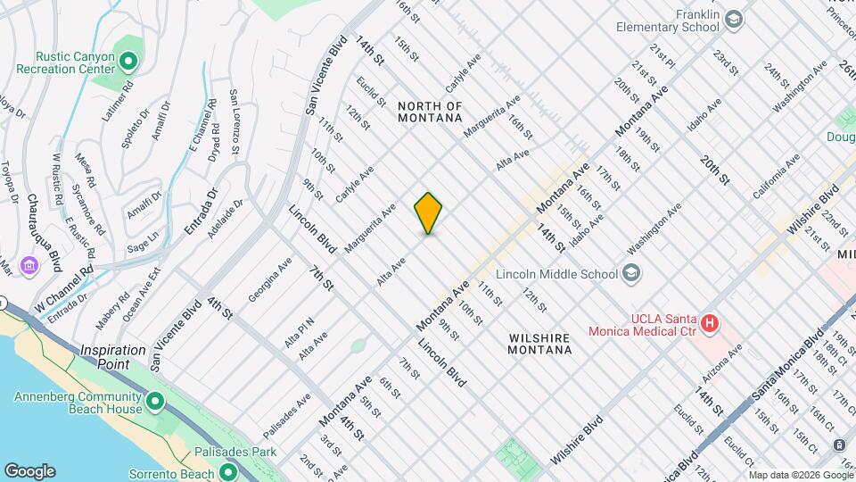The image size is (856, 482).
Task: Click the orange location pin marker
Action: pos(429,213)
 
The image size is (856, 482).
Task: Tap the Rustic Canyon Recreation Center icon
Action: pos(128,62)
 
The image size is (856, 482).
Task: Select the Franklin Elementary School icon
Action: pos(733,19)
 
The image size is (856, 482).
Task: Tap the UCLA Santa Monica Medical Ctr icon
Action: pos(710,323)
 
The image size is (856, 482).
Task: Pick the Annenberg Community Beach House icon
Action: pos(155,403)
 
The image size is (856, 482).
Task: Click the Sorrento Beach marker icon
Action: pos(228,470)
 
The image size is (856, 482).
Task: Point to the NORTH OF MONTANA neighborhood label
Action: pos(431,112)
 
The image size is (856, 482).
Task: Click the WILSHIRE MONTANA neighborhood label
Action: pos(540,344)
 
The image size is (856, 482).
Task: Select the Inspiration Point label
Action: pos(112,357)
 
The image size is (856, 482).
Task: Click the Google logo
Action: pos(29,471)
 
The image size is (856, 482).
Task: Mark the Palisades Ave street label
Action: pos(286,416)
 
